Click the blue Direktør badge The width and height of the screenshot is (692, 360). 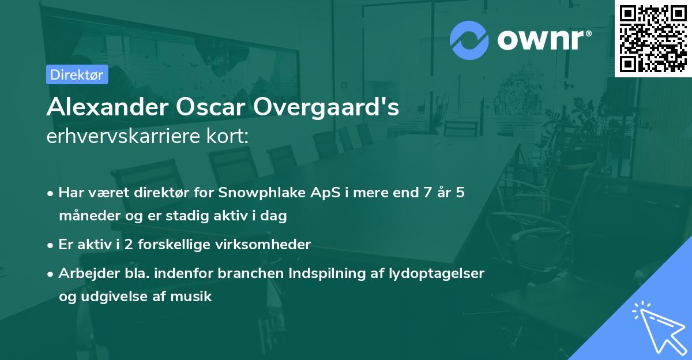(x=77, y=74)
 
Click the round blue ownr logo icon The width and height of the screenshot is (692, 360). (x=469, y=40)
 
